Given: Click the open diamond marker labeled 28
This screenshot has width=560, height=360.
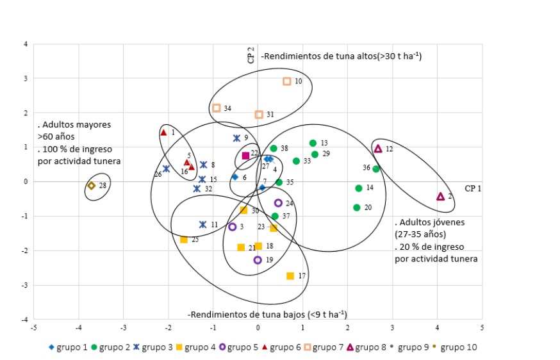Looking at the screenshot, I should pos(92,186).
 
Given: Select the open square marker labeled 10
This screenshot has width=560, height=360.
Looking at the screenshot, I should pos(287,81).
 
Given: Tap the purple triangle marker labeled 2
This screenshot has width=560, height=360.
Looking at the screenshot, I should pos(440,196).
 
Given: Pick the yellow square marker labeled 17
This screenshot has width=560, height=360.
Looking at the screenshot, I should pos(290,276).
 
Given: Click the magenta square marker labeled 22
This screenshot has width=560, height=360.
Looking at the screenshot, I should pos(245,156).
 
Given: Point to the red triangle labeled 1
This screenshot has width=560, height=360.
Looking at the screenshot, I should pos(163,133).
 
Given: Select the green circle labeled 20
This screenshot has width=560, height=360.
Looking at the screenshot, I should pos(356,208).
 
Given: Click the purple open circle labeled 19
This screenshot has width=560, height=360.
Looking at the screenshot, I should pos(258,260).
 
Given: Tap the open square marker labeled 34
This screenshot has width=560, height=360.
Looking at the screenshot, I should pos(217,108).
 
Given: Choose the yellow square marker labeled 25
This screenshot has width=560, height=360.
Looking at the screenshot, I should pos(184,240).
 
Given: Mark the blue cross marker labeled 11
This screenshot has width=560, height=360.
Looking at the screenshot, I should pos(202,225).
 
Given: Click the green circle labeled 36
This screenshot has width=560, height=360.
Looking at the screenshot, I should pos(376,169).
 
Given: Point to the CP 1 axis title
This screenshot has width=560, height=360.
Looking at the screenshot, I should pos(472,189).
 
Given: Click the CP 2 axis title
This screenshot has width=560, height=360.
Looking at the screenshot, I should pos(251,56).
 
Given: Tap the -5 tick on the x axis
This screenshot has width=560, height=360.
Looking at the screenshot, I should pos(33,327).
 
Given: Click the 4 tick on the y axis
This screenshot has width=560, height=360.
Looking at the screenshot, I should pos(25,44).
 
